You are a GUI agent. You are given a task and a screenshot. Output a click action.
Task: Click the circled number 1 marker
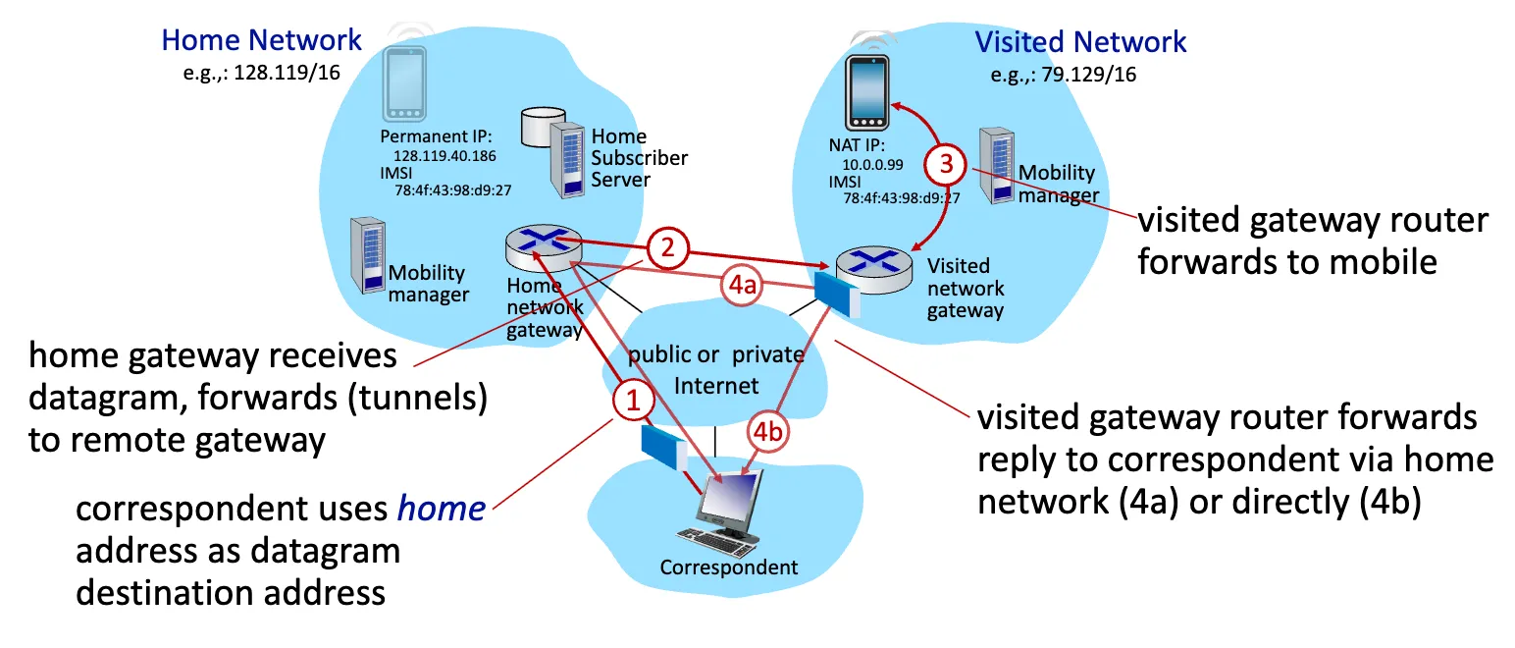click(633, 400)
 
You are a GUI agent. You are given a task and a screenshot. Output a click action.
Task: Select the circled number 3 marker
click(946, 165)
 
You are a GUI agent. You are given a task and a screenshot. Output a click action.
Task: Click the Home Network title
click(262, 40)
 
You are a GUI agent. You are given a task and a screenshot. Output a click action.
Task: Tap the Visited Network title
click(1080, 42)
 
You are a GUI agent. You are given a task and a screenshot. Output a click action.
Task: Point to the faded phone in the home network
click(405, 82)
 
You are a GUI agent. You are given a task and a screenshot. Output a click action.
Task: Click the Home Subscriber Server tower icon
click(568, 158)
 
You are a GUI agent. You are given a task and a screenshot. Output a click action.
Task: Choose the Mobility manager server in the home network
click(367, 255)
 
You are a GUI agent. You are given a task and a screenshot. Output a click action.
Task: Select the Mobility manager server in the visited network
click(1001, 168)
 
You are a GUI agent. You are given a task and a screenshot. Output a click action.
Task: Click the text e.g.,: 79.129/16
click(1063, 74)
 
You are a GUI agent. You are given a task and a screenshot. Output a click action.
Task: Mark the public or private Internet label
click(716, 368)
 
